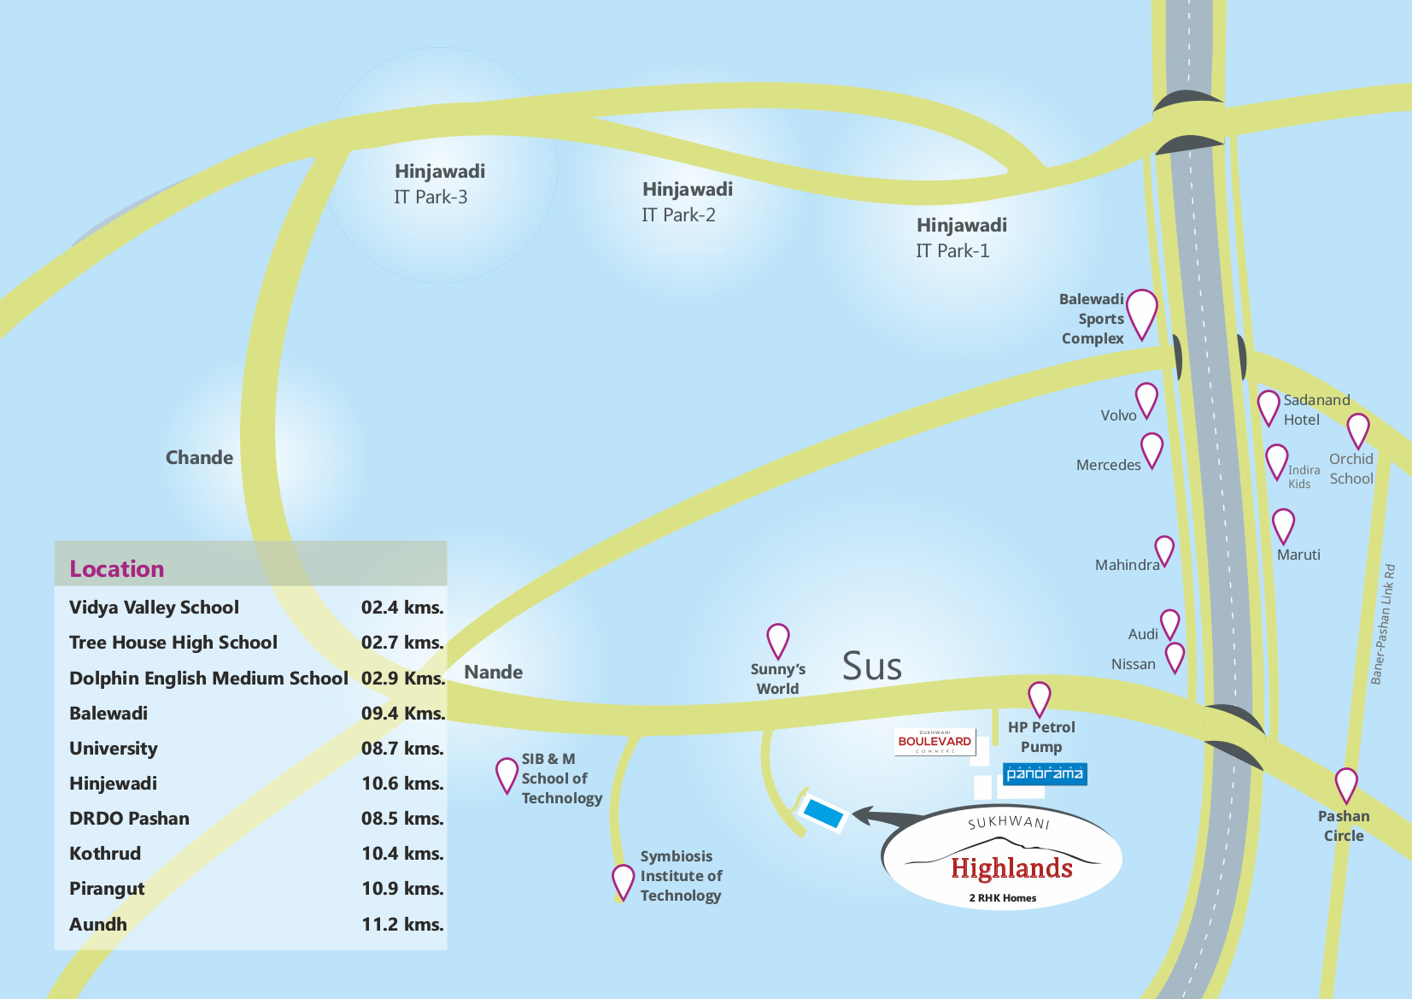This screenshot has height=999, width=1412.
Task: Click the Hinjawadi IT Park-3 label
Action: point(439,184)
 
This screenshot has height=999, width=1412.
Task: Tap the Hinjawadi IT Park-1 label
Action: point(961,238)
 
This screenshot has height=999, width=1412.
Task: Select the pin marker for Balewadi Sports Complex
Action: point(1141,314)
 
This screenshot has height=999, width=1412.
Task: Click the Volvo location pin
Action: point(1146,400)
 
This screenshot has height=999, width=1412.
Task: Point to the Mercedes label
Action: point(1108,465)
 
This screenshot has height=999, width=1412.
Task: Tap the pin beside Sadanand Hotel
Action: point(1268,408)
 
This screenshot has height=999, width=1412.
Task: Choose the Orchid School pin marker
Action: point(1358,431)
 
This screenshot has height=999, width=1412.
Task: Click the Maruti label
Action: point(1298,555)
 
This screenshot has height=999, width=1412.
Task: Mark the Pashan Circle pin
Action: point(1346,785)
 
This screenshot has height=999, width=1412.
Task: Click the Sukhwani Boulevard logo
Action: point(934,742)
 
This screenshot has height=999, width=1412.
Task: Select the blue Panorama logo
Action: point(1045,774)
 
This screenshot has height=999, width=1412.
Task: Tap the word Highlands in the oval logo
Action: point(1011,868)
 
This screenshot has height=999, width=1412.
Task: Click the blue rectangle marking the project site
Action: point(823,813)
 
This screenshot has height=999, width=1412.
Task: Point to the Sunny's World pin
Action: point(778,641)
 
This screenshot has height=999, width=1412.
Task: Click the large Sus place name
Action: point(872,666)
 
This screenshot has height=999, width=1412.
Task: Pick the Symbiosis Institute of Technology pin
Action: point(623,882)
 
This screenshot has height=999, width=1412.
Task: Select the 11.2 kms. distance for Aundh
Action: point(402,924)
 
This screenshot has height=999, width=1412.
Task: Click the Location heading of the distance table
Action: point(117,569)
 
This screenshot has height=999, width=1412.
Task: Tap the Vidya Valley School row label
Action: point(154,608)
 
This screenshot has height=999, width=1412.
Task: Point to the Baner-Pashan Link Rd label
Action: point(1384,625)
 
